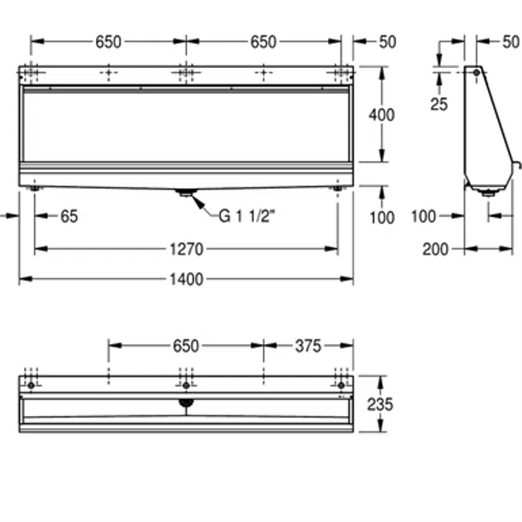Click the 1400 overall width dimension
186,279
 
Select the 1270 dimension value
186,249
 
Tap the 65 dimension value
69,217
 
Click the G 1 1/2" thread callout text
247,217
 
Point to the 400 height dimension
381,115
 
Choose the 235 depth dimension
381,404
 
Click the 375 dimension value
307,346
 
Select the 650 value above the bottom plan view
186,346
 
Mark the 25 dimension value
439,104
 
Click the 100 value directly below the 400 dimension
381,217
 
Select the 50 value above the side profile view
510,42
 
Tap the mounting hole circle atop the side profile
477,72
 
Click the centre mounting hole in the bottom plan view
186,386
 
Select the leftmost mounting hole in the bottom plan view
31,386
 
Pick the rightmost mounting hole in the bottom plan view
340,386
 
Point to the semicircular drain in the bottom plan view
186,402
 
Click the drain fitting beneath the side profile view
488,193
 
